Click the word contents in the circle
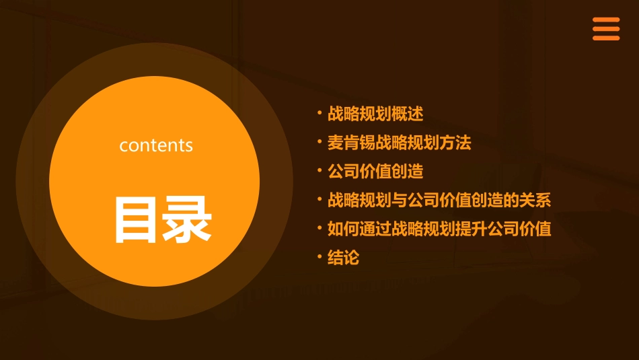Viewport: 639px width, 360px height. pyautogui.click(x=156, y=145)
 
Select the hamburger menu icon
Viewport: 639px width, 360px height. pyautogui.click(x=605, y=29)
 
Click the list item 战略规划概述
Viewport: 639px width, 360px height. pyautogui.click(x=375, y=114)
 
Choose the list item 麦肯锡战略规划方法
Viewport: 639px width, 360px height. pyautogui.click(x=399, y=143)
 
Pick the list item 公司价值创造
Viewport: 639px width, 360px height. pyautogui.click(x=375, y=172)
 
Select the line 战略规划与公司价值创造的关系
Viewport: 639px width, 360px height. pyautogui.click(x=439, y=200)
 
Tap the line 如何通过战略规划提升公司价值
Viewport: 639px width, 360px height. pyautogui.click(x=439, y=229)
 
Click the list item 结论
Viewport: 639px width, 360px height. pyautogui.click(x=343, y=258)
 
